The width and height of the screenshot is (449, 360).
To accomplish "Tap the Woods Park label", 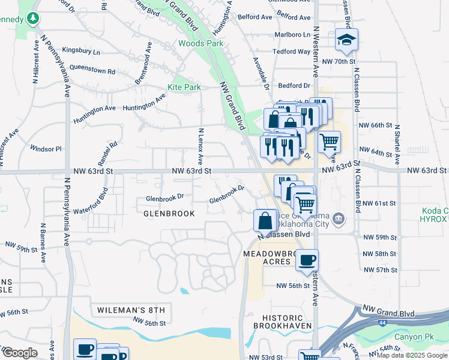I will (200, 43).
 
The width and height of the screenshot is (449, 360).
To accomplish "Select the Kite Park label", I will (184, 87).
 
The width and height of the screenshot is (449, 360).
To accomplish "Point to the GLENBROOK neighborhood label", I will (169, 213).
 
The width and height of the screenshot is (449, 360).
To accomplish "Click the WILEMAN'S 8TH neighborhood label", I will (130, 310).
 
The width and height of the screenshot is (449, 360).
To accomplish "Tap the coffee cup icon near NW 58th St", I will (307, 260).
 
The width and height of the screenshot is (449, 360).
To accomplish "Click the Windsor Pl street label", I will (46, 148).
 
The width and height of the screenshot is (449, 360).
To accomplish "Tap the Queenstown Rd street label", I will (92, 71).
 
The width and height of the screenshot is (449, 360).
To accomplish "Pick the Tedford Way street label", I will (292, 52).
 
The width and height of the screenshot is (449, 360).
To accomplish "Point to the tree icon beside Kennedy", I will (34, 19).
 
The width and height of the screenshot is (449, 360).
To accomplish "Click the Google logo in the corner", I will (19, 352).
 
